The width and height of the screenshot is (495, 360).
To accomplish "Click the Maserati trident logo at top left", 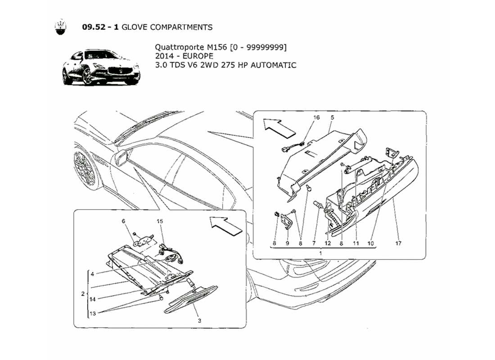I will pyautogui.click(x=60, y=27).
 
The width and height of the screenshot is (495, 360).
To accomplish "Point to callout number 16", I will pyautogui.click(x=316, y=118).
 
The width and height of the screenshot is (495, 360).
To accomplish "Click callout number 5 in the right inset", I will pyautogui.click(x=332, y=118).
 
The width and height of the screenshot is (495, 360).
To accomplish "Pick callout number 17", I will pyautogui.click(x=398, y=243).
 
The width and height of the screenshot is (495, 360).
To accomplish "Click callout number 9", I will pyautogui.click(x=287, y=243).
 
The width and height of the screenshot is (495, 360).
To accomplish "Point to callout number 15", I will pyautogui.click(x=159, y=221).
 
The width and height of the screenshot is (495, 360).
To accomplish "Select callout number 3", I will pyautogui.click(x=199, y=321).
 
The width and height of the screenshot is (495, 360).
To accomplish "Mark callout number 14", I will pyautogui.click(x=92, y=298).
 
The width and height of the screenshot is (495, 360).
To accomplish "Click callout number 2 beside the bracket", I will pyautogui.click(x=82, y=294).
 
